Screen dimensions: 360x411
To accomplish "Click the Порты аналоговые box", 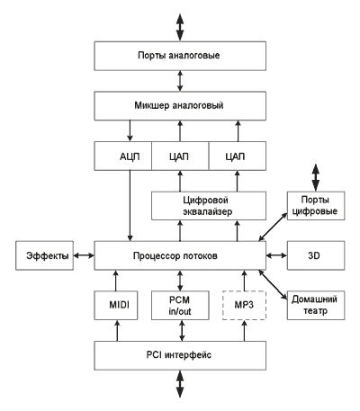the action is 180,56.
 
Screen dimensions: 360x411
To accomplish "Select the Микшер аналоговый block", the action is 180,106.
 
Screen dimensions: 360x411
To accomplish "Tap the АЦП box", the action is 123,156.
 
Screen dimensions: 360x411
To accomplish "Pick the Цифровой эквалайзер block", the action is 209,206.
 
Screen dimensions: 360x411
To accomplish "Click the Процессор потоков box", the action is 180,255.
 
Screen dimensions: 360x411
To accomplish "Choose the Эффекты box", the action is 44,255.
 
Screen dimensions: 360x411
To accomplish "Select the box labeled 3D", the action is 316,255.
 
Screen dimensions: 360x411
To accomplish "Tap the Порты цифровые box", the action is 316,206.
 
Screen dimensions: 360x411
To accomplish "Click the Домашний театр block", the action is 316,305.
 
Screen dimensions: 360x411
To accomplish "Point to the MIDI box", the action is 116,305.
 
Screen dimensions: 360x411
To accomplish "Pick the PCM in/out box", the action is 180,305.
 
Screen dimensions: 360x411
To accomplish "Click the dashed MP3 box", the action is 244,305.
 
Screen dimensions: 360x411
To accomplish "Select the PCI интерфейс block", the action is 180,355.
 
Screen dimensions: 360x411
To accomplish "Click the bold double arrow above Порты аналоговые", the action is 180,27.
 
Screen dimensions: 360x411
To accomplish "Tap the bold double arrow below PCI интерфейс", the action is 180,384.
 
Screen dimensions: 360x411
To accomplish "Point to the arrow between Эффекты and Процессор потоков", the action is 84,255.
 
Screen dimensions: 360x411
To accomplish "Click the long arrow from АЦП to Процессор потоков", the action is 130,206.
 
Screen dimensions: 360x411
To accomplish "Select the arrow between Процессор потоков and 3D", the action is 276,255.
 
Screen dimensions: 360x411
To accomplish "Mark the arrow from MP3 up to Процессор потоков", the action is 245,281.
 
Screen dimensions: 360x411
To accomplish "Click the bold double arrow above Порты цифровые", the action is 316,177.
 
